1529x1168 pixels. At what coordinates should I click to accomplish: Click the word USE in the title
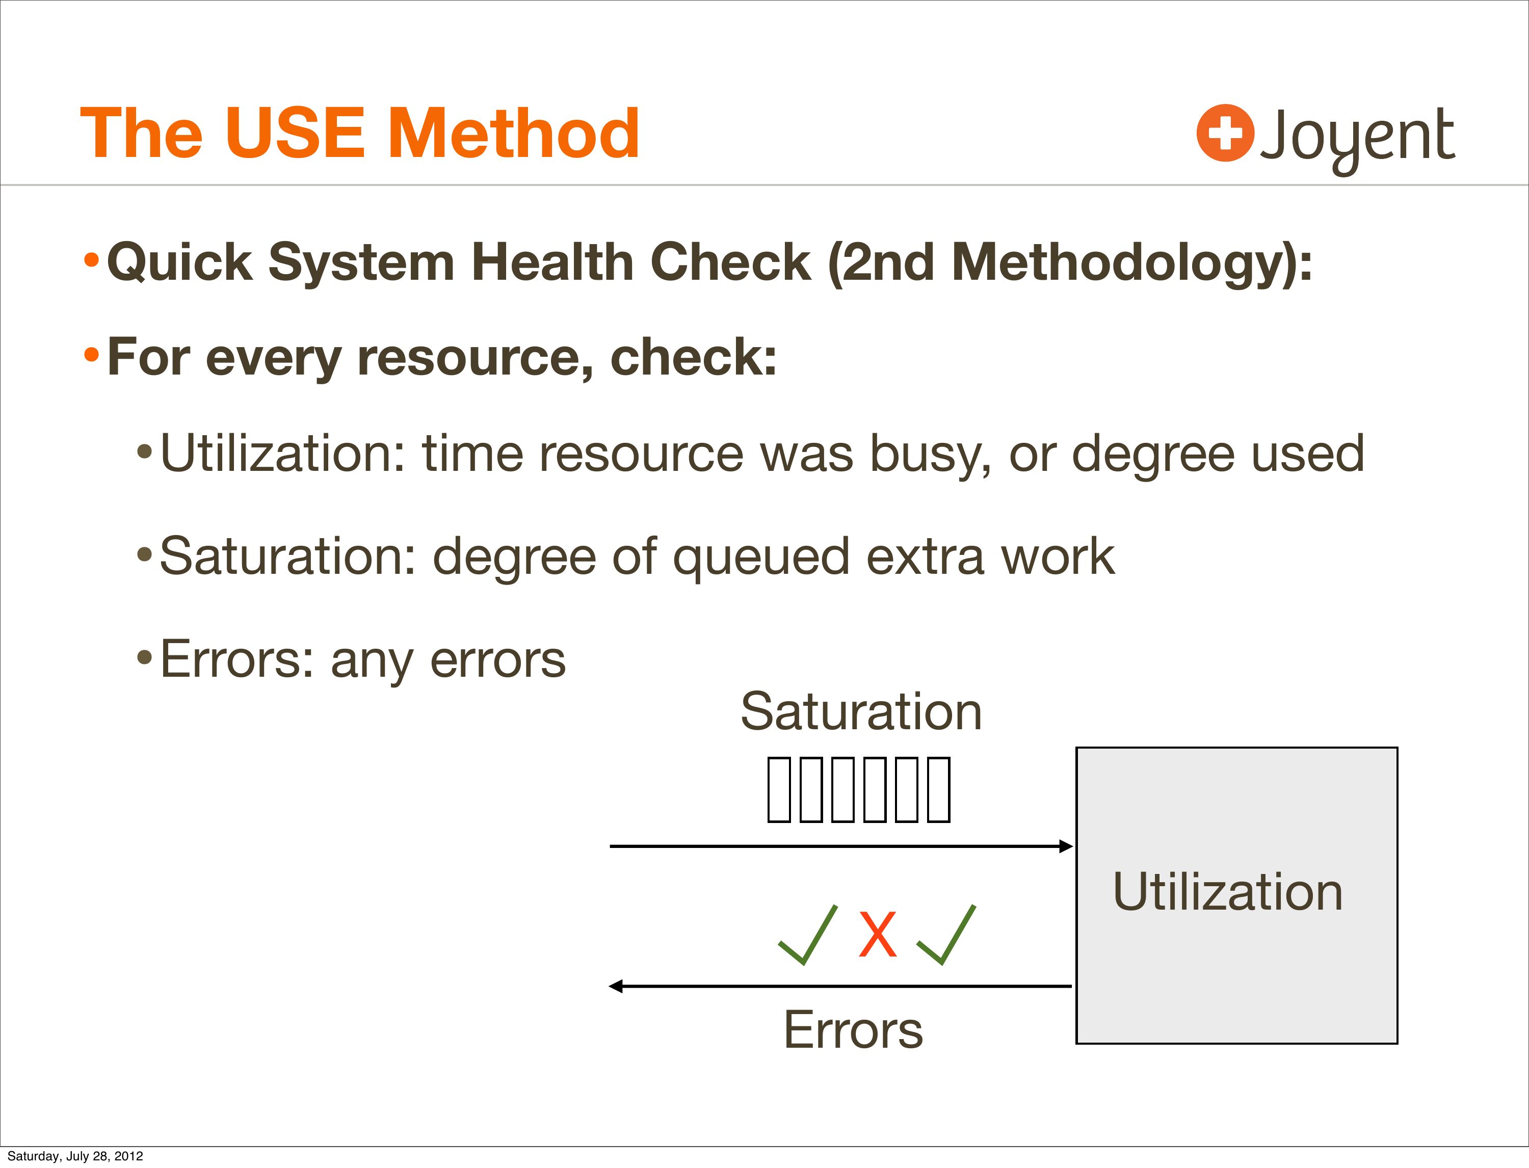(x=295, y=133)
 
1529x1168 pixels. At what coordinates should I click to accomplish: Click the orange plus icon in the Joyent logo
(x=1225, y=133)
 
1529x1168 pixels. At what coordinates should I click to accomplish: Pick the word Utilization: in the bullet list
(x=282, y=454)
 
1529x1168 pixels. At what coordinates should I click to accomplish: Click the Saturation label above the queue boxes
(x=861, y=711)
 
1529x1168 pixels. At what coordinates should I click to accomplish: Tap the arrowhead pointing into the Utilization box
(x=1066, y=846)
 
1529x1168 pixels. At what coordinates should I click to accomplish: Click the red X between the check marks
(x=878, y=935)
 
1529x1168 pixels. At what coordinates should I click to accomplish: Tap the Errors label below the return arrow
(x=853, y=1030)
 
